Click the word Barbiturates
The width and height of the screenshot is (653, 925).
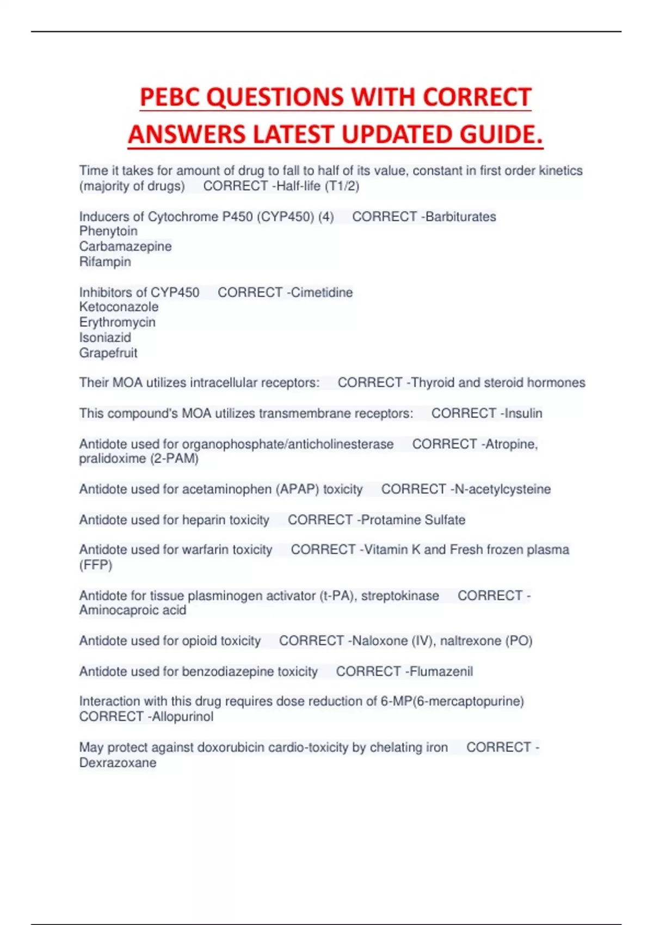point(461,217)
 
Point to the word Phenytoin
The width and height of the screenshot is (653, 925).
point(108,231)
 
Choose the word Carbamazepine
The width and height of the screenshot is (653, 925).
point(125,246)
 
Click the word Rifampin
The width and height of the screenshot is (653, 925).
point(105,262)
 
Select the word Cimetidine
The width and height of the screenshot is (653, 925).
point(322,292)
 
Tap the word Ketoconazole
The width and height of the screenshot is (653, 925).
point(119,307)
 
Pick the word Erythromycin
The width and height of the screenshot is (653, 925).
point(117,322)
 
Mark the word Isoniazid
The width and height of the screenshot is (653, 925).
point(105,337)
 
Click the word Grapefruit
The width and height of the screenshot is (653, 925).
point(108,353)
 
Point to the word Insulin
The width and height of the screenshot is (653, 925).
point(523,414)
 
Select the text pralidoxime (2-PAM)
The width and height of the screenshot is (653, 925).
point(139,459)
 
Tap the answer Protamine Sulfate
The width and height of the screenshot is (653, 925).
point(413,520)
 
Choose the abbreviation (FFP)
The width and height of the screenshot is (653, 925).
point(96,565)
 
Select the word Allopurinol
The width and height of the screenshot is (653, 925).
point(183,717)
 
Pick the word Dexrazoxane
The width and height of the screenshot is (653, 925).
point(118,763)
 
